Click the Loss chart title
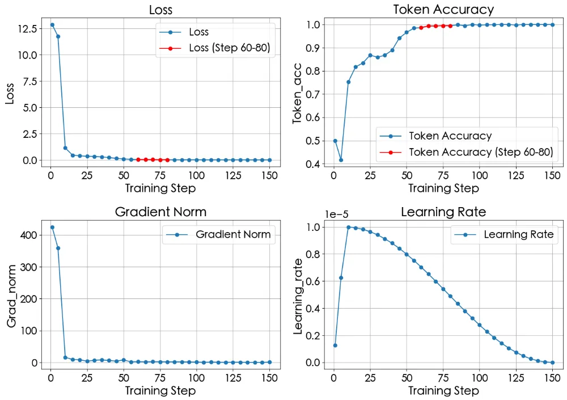[160, 10]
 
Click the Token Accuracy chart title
[443, 10]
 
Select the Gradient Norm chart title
[160, 212]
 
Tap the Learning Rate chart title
[443, 212]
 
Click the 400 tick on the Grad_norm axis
[30, 235]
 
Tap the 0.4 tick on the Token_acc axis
[314, 165]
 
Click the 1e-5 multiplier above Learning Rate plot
[338, 214]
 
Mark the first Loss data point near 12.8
[52, 25]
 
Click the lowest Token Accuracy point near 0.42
[341, 160]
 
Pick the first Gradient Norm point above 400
[52, 227]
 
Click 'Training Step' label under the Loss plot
[160, 188]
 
